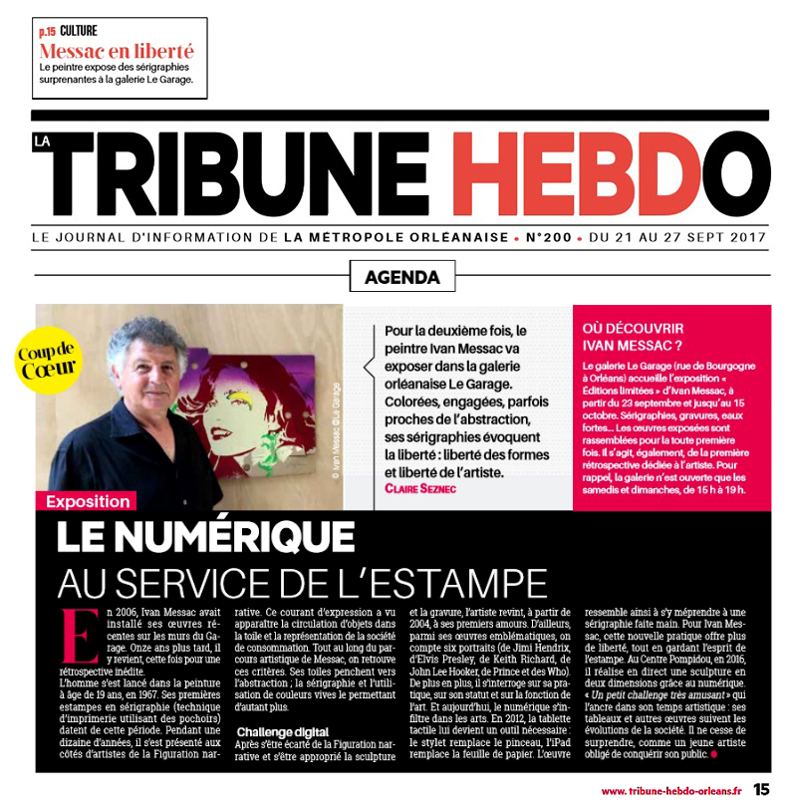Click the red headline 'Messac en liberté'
(117, 51)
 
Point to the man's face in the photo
(147, 373)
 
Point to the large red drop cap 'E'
(72, 635)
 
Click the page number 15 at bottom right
(761, 789)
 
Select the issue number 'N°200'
(549, 238)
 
